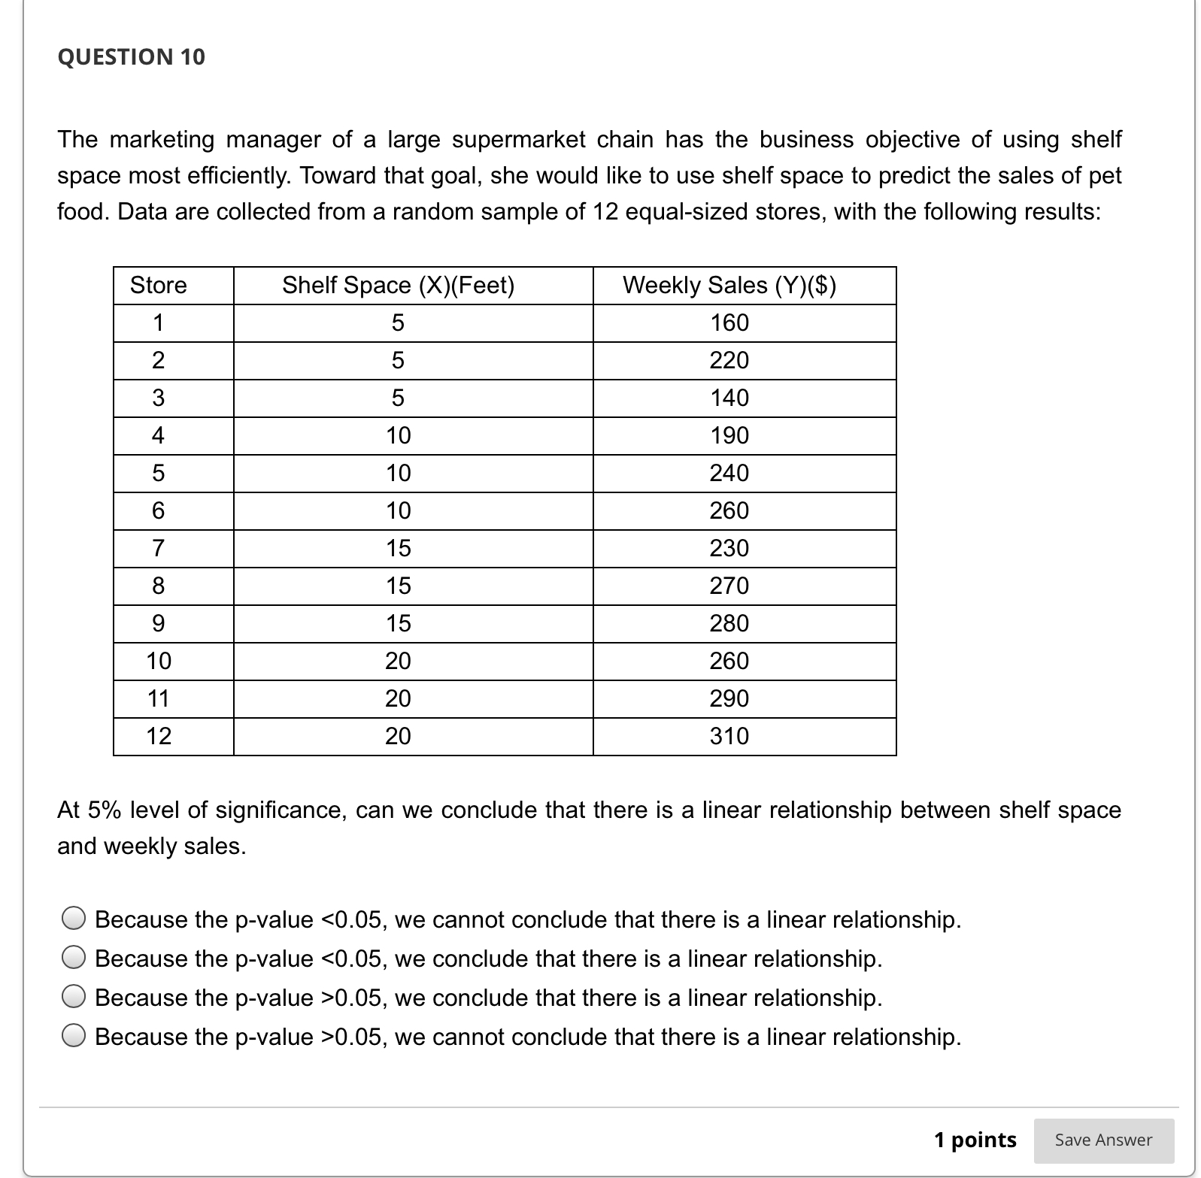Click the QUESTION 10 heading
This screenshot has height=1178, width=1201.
coord(131,57)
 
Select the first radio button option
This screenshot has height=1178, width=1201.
coord(73,919)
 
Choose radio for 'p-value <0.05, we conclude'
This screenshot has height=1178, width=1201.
coord(73,958)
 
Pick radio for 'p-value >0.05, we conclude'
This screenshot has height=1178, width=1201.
coord(73,997)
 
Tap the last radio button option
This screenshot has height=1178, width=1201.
coord(73,1036)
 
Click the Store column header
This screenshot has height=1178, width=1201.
coord(158,285)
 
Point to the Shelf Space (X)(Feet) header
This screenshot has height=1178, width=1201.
coord(398,285)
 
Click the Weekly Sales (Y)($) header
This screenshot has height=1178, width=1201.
coord(729,285)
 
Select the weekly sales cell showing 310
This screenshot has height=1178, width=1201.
coord(729,735)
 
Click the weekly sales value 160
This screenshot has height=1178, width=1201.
coord(729,323)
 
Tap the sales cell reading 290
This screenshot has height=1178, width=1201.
coord(729,698)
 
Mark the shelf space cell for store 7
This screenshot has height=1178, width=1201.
coord(398,548)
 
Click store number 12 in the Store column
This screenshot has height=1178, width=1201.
coord(159,735)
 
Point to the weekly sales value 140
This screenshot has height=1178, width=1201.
coord(729,398)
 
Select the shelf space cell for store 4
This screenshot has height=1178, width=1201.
coord(398,435)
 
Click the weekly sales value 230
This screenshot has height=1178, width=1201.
coord(729,548)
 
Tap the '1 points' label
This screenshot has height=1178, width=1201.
coord(975,1140)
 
